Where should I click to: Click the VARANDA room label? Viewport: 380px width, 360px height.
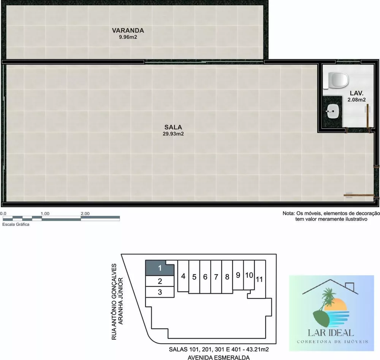coord(128,30)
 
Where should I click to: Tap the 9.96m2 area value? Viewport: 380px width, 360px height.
coord(128,37)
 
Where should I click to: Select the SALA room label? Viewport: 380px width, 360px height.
coord(173,127)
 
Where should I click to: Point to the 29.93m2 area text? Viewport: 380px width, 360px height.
coord(173,134)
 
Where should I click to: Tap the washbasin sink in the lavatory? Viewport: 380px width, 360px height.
coord(332,111)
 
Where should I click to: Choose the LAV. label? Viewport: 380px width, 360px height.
coord(356,93)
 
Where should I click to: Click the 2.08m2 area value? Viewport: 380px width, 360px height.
coord(356,100)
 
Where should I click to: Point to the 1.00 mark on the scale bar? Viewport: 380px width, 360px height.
coord(45,214)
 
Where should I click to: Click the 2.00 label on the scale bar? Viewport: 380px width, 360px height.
coord(85,214)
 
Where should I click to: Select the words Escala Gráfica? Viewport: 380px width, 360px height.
coord(16,225)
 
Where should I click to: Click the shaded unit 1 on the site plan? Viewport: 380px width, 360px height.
coord(160,268)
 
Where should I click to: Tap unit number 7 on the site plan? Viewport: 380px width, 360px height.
coord(216,277)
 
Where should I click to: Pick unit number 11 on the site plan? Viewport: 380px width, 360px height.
coord(259,279)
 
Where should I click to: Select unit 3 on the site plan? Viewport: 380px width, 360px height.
coord(160,292)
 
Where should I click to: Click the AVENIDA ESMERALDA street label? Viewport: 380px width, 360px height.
coord(218,357)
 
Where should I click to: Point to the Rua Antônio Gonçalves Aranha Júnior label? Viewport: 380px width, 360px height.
coord(117,301)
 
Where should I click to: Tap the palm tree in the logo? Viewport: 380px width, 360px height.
coord(328,298)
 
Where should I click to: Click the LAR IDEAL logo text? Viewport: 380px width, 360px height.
coord(331,333)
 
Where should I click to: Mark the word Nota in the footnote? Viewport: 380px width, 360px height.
coord(288,214)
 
